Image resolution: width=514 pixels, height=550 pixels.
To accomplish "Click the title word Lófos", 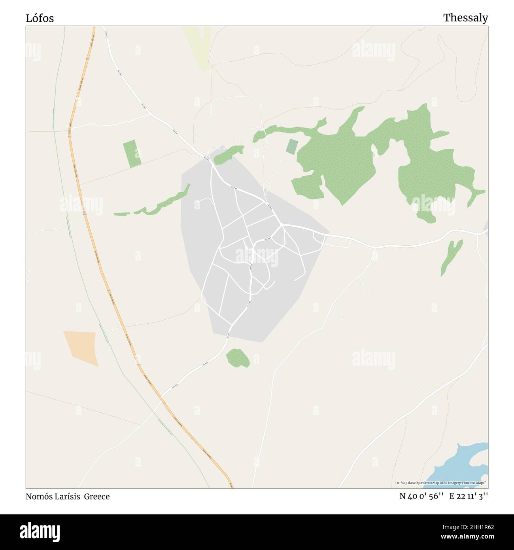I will (x=40, y=18).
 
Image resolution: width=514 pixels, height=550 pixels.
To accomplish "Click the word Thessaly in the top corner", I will (x=465, y=18).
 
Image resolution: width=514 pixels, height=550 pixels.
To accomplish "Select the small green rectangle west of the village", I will (x=132, y=154).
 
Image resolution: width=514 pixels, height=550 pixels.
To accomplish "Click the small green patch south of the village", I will (x=238, y=358).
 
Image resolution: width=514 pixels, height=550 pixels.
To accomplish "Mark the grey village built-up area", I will (x=277, y=301).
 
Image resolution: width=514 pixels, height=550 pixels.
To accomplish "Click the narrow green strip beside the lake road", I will (x=451, y=257).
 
